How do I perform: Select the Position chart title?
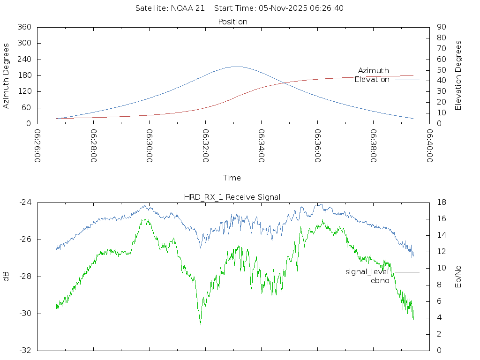[233, 22]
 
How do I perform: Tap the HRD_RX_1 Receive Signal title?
[232, 197]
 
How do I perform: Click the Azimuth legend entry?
[374, 70]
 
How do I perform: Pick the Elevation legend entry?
[372, 80]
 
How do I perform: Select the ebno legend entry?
[380, 281]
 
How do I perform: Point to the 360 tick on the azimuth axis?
[24, 27]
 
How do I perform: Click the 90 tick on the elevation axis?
[441, 27]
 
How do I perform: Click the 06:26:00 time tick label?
[37, 146]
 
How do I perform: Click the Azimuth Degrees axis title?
[7, 75]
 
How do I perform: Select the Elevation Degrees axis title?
[458, 75]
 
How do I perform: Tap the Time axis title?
[232, 178]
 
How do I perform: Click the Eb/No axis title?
[458, 277]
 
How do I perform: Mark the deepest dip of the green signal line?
[201, 324]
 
